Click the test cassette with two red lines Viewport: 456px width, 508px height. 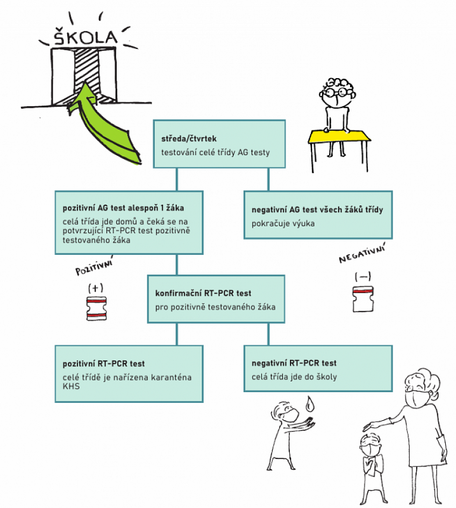97,309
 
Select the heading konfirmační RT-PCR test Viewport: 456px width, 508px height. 203,294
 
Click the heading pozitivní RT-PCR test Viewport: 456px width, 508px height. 104,364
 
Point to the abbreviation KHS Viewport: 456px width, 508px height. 70,386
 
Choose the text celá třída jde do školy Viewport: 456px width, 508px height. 294,377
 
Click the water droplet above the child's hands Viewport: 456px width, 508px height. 309,403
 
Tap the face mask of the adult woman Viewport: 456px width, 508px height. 415,399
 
